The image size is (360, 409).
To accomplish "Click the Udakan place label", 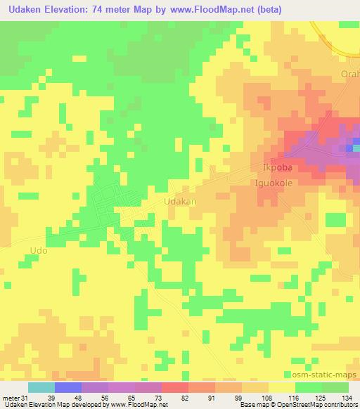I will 179,201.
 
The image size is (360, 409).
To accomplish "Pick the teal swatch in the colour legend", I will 41,387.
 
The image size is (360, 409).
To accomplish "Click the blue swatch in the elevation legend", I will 68,387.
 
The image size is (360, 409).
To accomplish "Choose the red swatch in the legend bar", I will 175,387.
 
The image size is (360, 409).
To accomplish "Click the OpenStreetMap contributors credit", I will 322,405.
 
